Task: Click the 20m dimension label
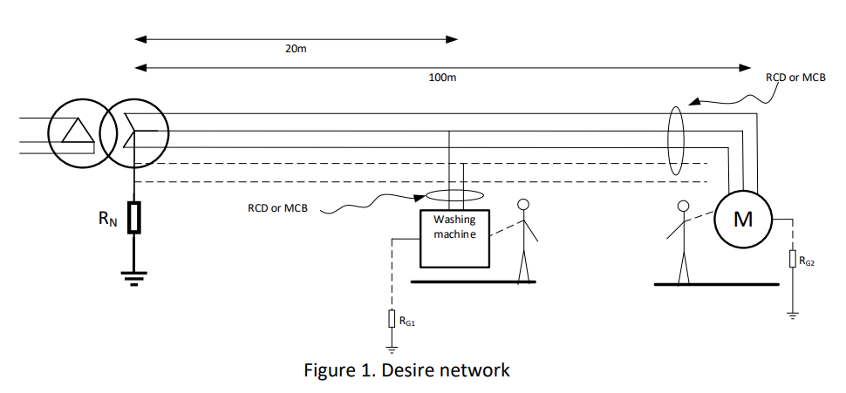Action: (x=296, y=49)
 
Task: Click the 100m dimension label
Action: (x=442, y=78)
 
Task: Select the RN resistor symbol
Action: (x=133, y=218)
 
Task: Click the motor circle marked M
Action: (x=742, y=219)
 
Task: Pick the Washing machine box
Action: (x=454, y=238)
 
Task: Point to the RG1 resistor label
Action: (x=407, y=322)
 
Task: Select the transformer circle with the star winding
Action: (x=133, y=133)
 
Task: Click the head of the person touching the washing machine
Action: (x=523, y=205)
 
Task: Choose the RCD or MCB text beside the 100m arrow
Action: (x=795, y=78)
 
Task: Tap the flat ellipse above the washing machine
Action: (x=454, y=197)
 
